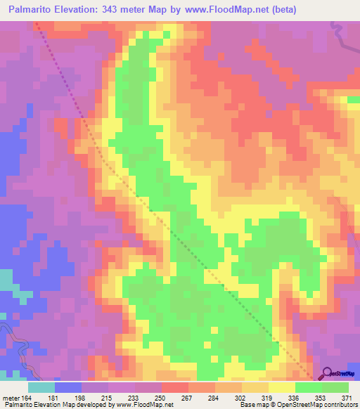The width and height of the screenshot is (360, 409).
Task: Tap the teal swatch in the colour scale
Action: click(x=41, y=387)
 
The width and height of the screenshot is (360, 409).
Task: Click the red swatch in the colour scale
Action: click(x=175, y=387)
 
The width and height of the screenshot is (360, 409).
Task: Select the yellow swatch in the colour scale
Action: click(x=282, y=387)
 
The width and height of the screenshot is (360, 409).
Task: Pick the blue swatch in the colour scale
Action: click(x=68, y=387)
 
